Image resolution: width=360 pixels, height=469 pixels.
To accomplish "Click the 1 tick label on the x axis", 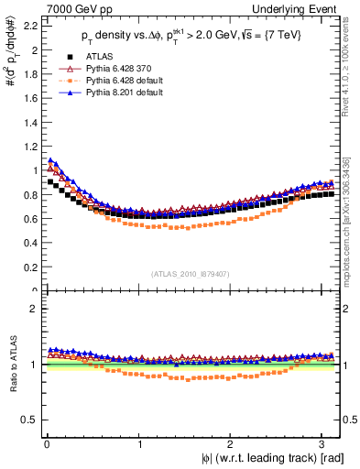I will (x=138, y=444).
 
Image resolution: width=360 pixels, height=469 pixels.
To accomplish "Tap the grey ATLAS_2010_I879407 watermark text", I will (x=191, y=274).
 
